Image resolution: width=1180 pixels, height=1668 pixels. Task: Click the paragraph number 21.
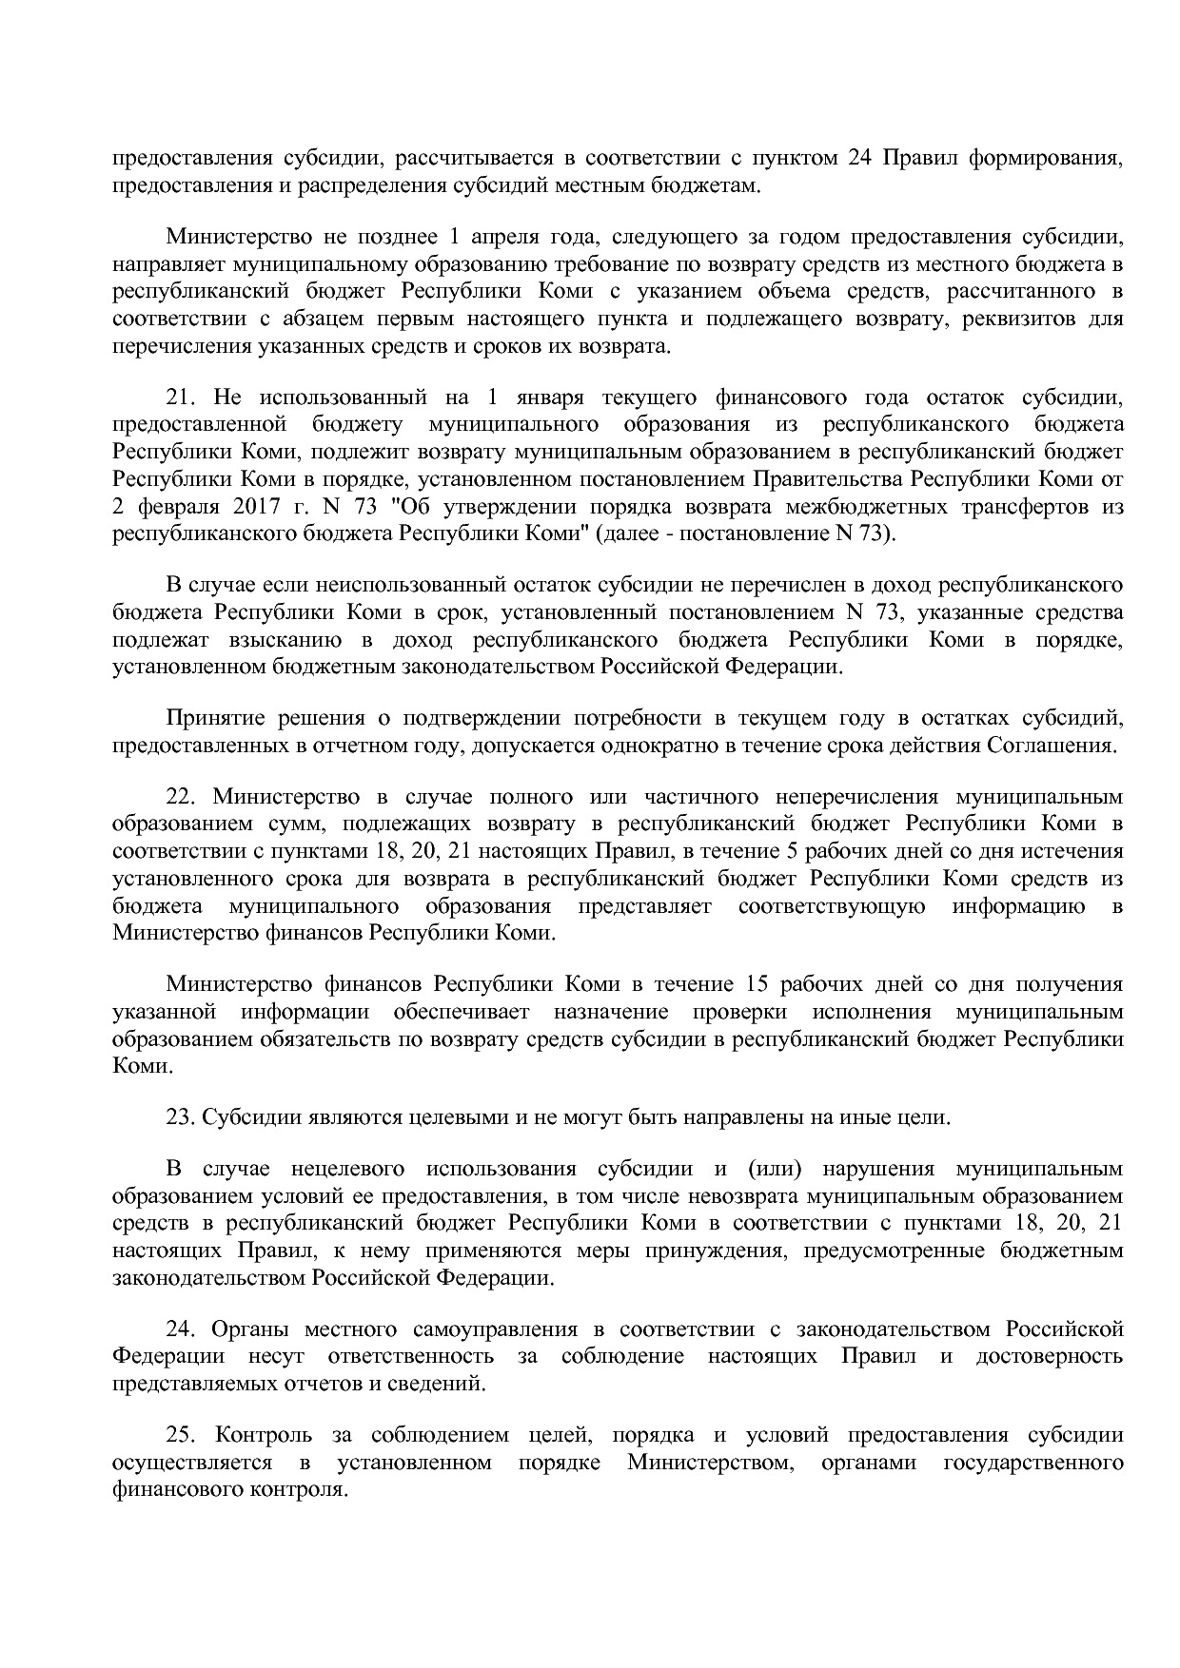point(181,396)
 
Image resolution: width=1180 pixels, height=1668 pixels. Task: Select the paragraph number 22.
point(181,795)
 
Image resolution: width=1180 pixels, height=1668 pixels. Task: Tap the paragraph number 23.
point(181,1116)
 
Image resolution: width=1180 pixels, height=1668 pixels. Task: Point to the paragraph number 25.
point(181,1434)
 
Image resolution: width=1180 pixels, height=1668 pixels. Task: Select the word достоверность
point(1050,1354)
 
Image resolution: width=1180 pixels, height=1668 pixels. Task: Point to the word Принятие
point(210,717)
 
